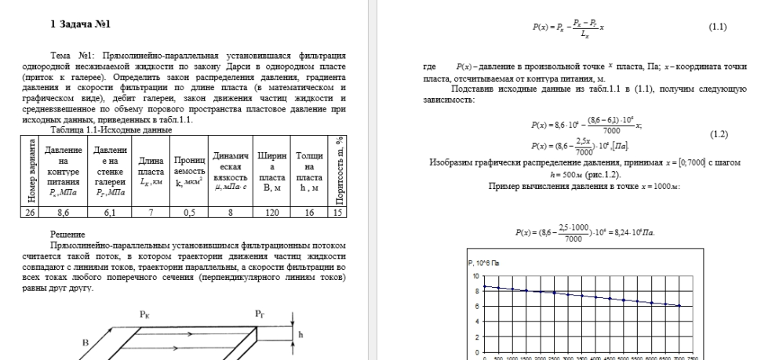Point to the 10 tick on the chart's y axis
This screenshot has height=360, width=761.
[x=473, y=276]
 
